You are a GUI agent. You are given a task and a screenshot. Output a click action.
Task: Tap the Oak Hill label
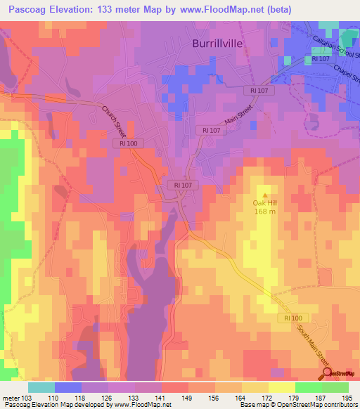(x=264, y=204)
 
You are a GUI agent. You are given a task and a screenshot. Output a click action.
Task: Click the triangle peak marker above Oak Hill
(x=265, y=195)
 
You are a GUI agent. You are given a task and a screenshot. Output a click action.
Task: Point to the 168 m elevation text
(x=264, y=212)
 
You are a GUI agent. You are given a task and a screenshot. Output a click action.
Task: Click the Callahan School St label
(x=336, y=50)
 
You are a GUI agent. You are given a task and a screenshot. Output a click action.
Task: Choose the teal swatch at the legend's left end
(x=41, y=387)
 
